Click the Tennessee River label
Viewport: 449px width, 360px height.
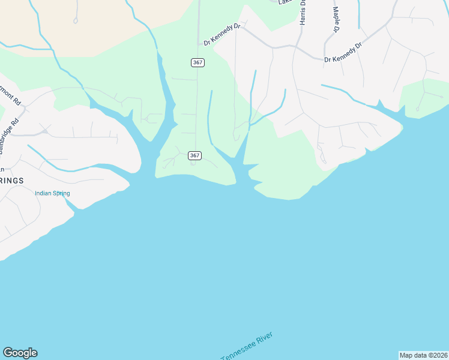point(247,347)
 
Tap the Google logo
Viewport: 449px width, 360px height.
point(20,353)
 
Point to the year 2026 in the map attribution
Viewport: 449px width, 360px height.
point(438,355)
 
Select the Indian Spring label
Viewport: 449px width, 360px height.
point(52,193)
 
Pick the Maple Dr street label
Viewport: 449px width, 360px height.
point(336,21)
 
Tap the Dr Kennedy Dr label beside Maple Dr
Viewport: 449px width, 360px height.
point(343,53)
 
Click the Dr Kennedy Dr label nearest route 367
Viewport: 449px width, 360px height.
point(221,40)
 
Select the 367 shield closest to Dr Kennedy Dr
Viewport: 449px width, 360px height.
point(197,62)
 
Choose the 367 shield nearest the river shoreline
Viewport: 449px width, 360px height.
point(194,155)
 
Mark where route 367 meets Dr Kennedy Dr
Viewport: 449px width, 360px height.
point(199,44)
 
